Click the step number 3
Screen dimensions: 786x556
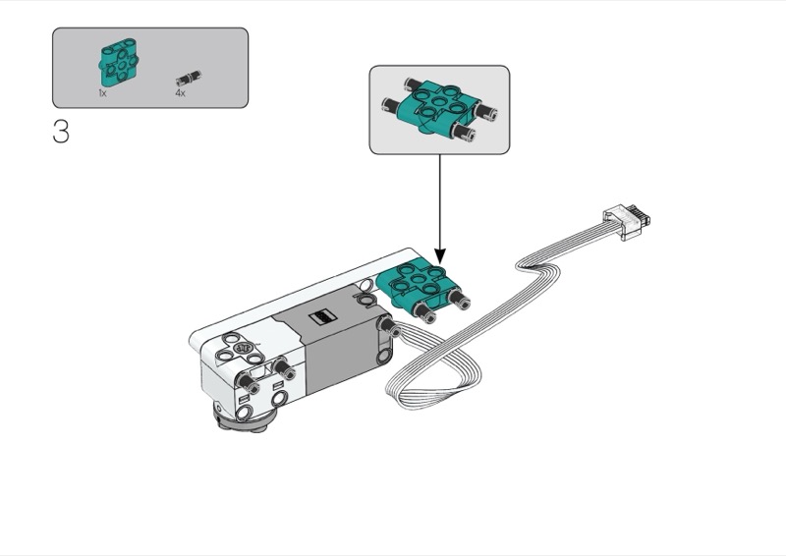click(61, 132)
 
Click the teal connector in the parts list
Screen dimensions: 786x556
click(118, 64)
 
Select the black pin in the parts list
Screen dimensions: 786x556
click(189, 80)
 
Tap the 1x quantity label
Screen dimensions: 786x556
click(102, 92)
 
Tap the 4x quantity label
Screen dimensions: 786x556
click(180, 92)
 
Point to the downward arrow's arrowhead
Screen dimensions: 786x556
click(440, 255)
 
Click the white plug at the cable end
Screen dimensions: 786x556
click(627, 221)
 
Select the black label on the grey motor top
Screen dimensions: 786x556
click(321, 317)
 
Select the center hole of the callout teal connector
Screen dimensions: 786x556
click(439, 103)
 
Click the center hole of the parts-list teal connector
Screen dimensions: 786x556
click(121, 65)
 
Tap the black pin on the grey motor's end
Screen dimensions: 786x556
click(389, 326)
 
